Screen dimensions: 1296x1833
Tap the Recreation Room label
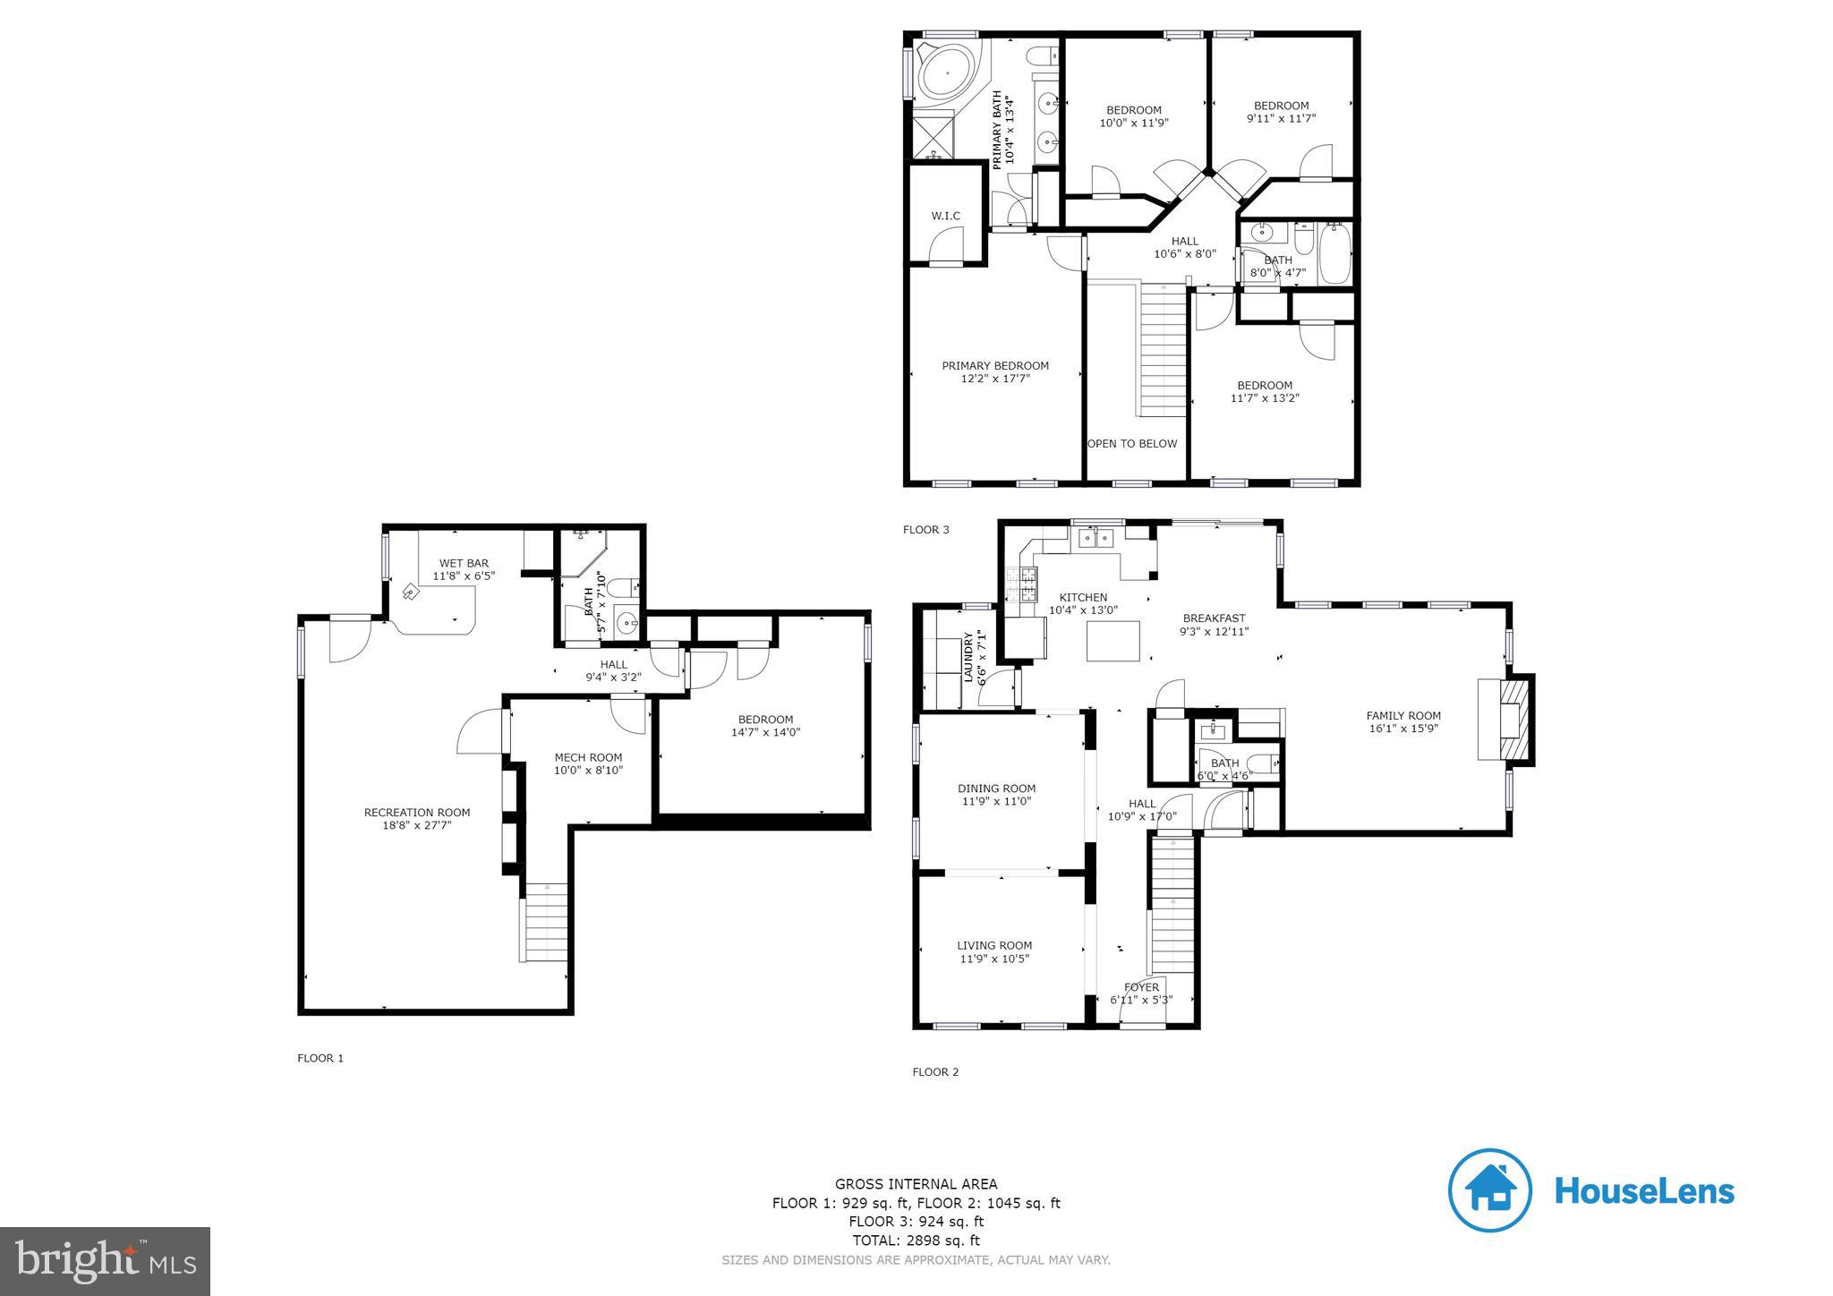click(x=416, y=813)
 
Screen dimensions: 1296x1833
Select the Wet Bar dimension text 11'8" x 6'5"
click(x=464, y=576)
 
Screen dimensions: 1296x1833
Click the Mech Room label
click(x=588, y=757)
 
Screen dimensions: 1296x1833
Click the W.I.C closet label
click(x=945, y=216)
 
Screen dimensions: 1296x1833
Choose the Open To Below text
click(x=1132, y=444)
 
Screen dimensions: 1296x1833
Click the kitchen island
click(x=1113, y=641)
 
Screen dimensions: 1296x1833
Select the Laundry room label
click(x=968, y=658)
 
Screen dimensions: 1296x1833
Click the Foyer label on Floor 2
click(x=1141, y=987)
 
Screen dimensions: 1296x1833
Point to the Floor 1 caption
click(x=320, y=1058)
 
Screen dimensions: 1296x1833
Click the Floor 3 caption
click(x=925, y=530)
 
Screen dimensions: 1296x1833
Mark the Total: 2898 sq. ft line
click(x=916, y=1241)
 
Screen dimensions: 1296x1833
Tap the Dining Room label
click(x=996, y=789)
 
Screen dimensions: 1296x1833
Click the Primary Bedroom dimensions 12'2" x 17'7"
click(x=995, y=379)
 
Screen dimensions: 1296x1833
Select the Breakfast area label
click(x=1214, y=618)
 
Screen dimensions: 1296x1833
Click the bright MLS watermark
click(x=106, y=1262)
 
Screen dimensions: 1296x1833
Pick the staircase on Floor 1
click(x=544, y=922)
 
